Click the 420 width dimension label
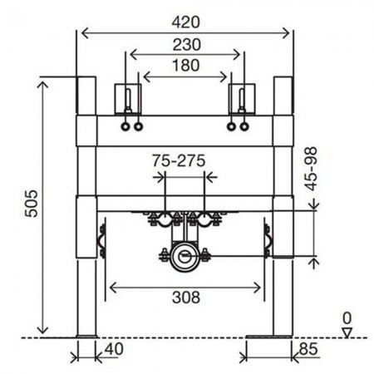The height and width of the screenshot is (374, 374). (185, 22)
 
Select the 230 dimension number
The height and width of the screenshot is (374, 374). (186, 45)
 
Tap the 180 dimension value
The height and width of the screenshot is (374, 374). (185, 66)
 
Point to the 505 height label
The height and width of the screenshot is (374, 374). (31, 204)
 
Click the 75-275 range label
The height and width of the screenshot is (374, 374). (179, 160)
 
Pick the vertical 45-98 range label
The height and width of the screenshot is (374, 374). (310, 169)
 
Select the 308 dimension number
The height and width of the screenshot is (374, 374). (186, 298)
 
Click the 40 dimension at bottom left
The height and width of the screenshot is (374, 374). (114, 349)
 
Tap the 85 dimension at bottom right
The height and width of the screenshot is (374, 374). (308, 349)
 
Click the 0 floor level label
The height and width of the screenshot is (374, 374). (347, 318)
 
